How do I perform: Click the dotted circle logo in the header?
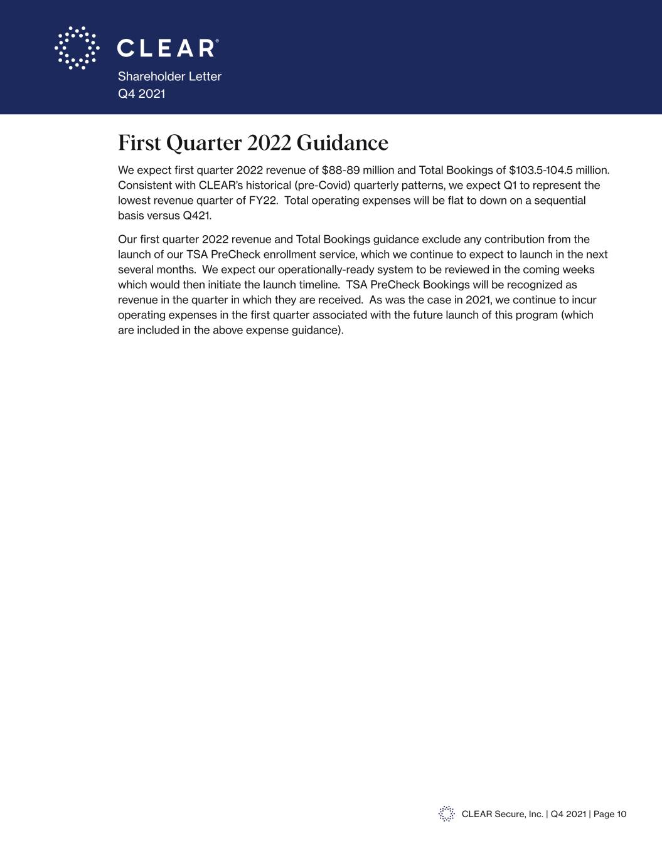pyautogui.click(x=77, y=48)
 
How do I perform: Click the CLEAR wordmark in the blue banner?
pyautogui.click(x=167, y=48)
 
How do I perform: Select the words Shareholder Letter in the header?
pyautogui.click(x=169, y=77)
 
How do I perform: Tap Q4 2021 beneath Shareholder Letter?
pyautogui.click(x=142, y=93)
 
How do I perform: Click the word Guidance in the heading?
pyautogui.click(x=342, y=143)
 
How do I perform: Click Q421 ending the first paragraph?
pyautogui.click(x=197, y=216)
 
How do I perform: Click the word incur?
pyautogui.click(x=584, y=300)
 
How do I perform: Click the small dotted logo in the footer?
pyautogui.click(x=446, y=814)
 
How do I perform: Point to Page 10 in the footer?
pyautogui.click(x=609, y=814)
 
